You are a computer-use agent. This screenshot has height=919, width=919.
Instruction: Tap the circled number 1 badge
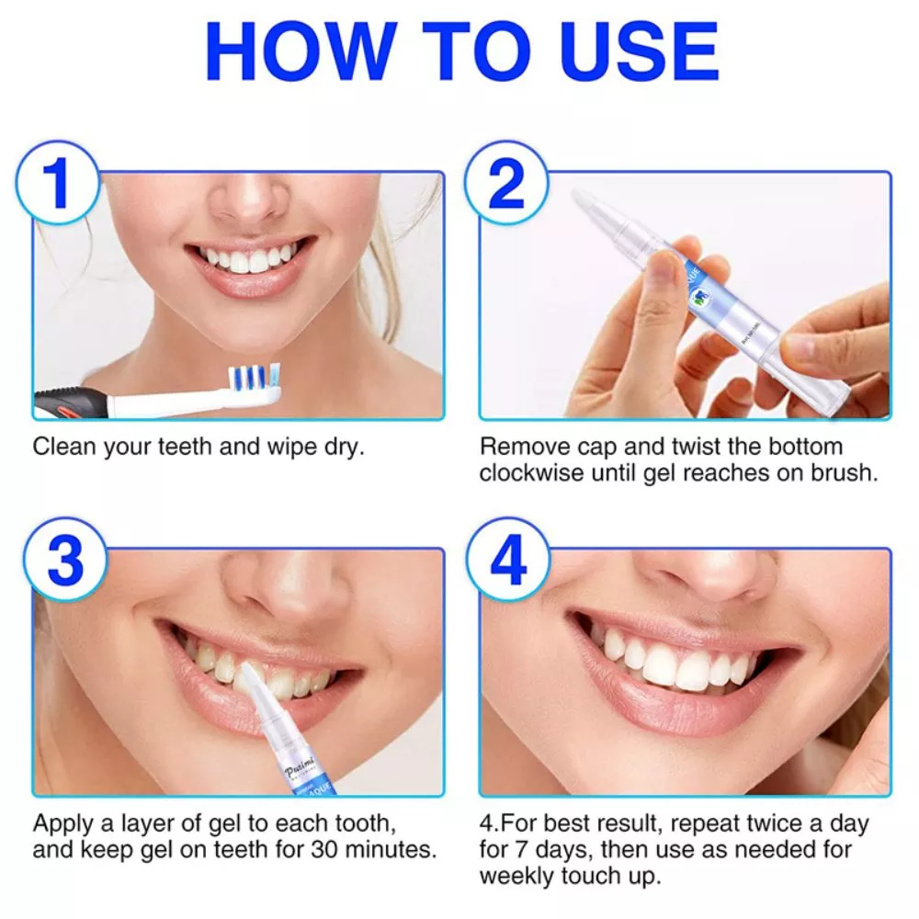[57, 182]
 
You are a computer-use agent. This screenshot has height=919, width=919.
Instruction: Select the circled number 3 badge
[64, 559]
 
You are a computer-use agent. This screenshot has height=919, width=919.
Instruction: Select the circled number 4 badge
[507, 559]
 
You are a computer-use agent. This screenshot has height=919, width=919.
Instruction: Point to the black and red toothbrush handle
[74, 403]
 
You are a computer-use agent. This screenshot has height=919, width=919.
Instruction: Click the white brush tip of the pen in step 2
[588, 207]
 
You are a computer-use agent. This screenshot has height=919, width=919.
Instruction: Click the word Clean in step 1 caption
[63, 448]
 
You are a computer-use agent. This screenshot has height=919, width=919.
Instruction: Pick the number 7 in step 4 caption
[531, 849]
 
